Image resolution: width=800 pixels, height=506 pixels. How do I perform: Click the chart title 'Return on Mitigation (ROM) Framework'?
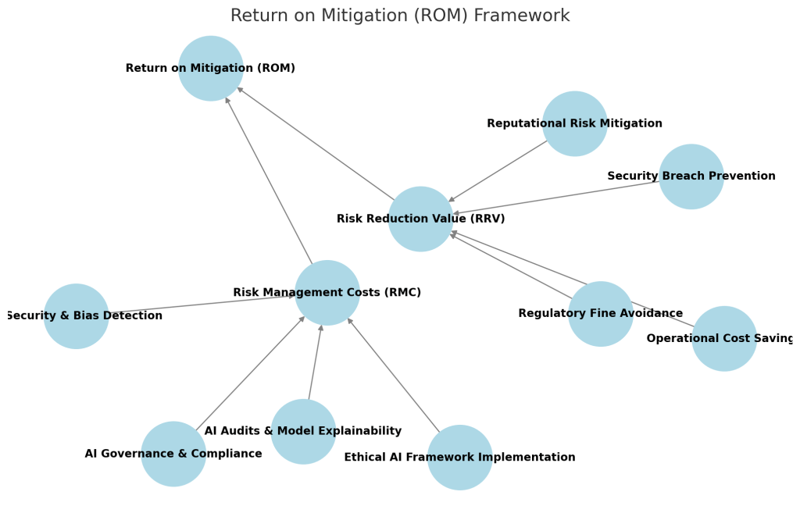(x=400, y=16)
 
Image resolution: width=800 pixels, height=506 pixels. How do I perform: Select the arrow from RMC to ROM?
(x=269, y=180)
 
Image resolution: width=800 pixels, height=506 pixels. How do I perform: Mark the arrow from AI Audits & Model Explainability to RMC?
(x=315, y=362)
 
